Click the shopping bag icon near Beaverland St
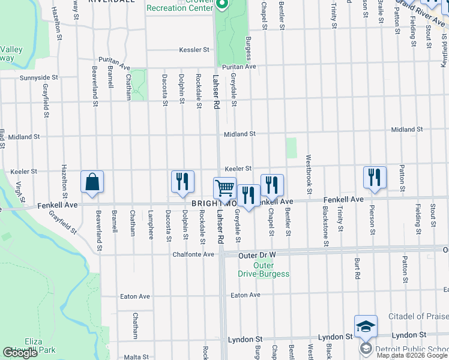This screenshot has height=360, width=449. [92, 182]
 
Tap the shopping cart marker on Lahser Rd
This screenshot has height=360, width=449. [225, 188]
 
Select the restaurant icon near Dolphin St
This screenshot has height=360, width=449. [182, 182]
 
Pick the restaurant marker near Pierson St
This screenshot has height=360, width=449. [375, 178]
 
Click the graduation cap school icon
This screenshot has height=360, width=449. [366, 326]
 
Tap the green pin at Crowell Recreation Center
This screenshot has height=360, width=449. [221, 6]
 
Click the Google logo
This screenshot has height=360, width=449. [20, 353]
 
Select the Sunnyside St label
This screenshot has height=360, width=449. [38, 77]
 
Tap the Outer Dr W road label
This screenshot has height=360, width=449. [256, 255]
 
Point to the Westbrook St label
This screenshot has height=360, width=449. [309, 175]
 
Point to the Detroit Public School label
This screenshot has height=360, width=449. [412, 349]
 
